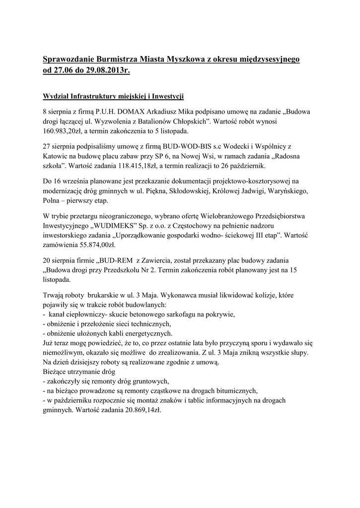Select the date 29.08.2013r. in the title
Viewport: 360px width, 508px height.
point(107,70)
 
